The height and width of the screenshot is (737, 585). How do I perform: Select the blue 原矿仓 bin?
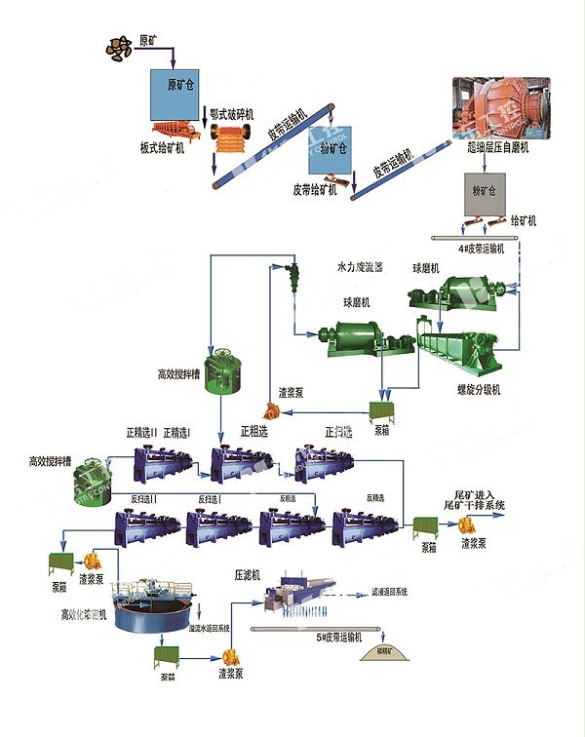point(175,94)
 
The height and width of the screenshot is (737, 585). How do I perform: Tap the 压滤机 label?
point(249,575)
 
